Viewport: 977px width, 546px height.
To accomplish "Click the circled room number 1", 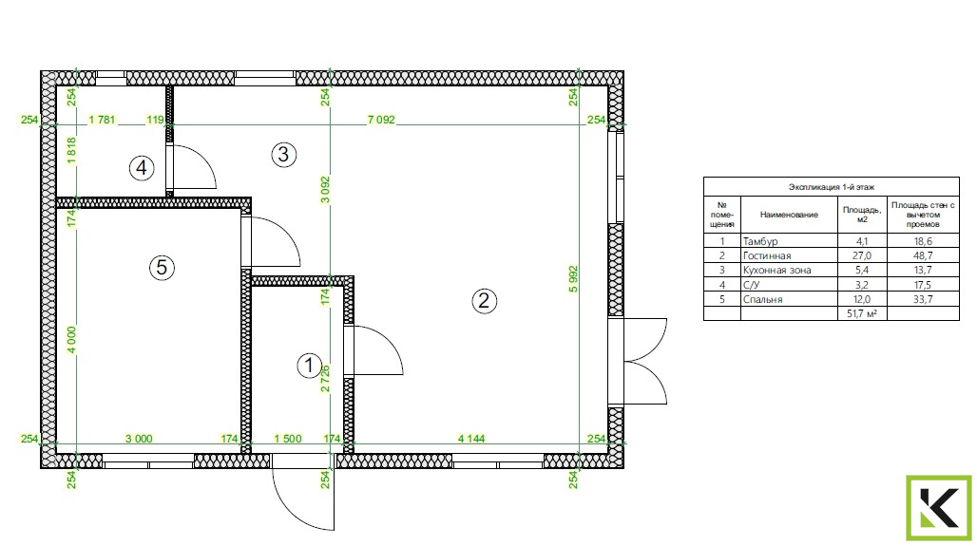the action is [309, 366].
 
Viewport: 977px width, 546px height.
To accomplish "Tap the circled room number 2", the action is [484, 301].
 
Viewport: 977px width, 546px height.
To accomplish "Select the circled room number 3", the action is [283, 154].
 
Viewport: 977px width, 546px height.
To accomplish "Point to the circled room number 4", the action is [142, 167].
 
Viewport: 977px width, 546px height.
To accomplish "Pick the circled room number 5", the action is [162, 268].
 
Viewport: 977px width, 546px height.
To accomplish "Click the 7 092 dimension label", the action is [381, 120].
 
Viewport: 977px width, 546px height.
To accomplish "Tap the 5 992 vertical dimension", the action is [573, 279].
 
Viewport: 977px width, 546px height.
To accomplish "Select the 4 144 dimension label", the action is [471, 439].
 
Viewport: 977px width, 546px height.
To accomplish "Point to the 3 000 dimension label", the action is [139, 439].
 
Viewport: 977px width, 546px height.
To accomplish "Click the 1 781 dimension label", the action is [103, 120].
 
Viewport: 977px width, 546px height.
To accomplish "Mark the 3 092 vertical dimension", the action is [325, 190].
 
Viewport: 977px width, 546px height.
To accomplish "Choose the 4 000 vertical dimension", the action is [71, 340].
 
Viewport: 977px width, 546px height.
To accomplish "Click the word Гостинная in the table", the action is [767, 255].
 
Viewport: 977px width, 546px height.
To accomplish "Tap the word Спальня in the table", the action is [762, 299].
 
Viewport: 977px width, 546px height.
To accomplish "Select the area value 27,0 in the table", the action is [862, 255].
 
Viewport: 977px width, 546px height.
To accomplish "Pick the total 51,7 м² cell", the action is [862, 313].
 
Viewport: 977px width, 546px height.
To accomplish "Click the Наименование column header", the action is [789, 215].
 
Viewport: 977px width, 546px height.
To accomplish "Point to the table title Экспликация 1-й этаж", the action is [832, 187].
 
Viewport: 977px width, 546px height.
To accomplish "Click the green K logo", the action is [939, 508].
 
